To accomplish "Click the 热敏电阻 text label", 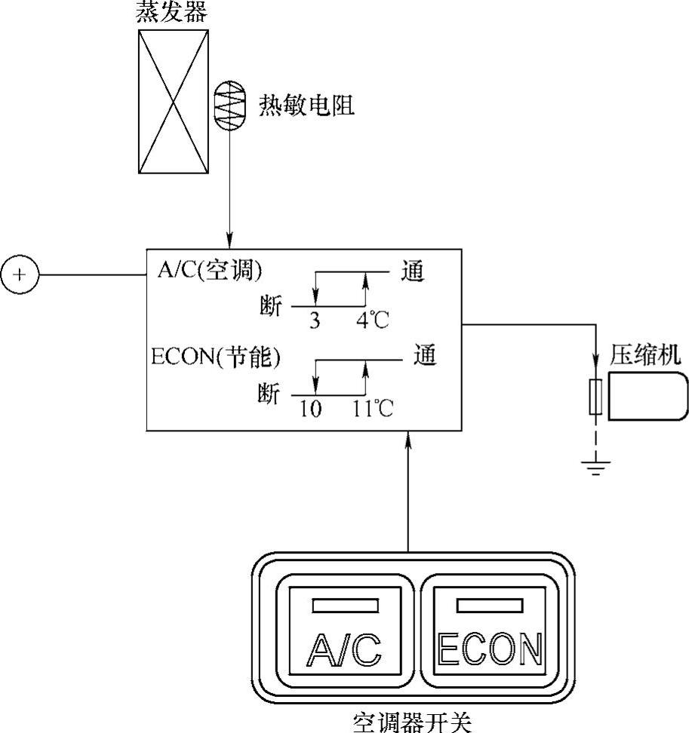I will pyautogui.click(x=306, y=106).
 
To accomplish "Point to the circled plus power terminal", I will pyautogui.click(x=20, y=274).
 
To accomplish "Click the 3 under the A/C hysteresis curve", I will pyautogui.click(x=315, y=320).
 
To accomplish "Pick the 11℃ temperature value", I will pyautogui.click(x=373, y=408).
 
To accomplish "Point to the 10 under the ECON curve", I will pyautogui.click(x=310, y=408).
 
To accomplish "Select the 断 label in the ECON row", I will pyautogui.click(x=268, y=394).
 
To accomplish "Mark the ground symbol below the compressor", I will pyautogui.click(x=595, y=468).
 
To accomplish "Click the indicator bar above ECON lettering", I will pyautogui.click(x=491, y=605).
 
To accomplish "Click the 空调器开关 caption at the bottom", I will pyautogui.click(x=412, y=722).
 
